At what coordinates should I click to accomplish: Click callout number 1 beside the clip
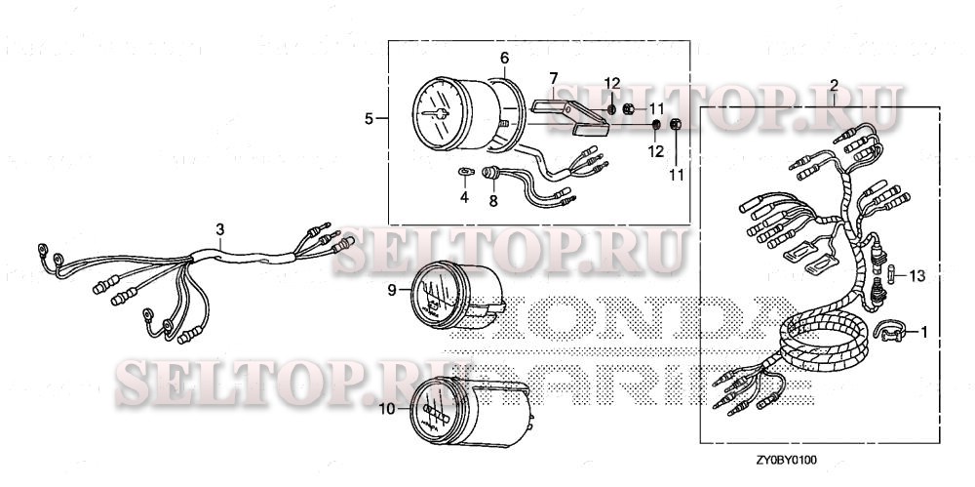click(x=923, y=332)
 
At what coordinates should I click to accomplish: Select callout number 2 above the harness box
click(x=835, y=86)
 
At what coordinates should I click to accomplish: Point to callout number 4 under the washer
click(x=465, y=198)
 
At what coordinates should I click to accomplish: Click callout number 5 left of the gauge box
click(x=369, y=119)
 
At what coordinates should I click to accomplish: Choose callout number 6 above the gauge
click(x=504, y=58)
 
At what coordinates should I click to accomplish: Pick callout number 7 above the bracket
click(x=552, y=77)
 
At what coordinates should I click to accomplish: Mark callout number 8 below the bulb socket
click(x=493, y=200)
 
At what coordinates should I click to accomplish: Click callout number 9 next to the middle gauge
click(x=392, y=290)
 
